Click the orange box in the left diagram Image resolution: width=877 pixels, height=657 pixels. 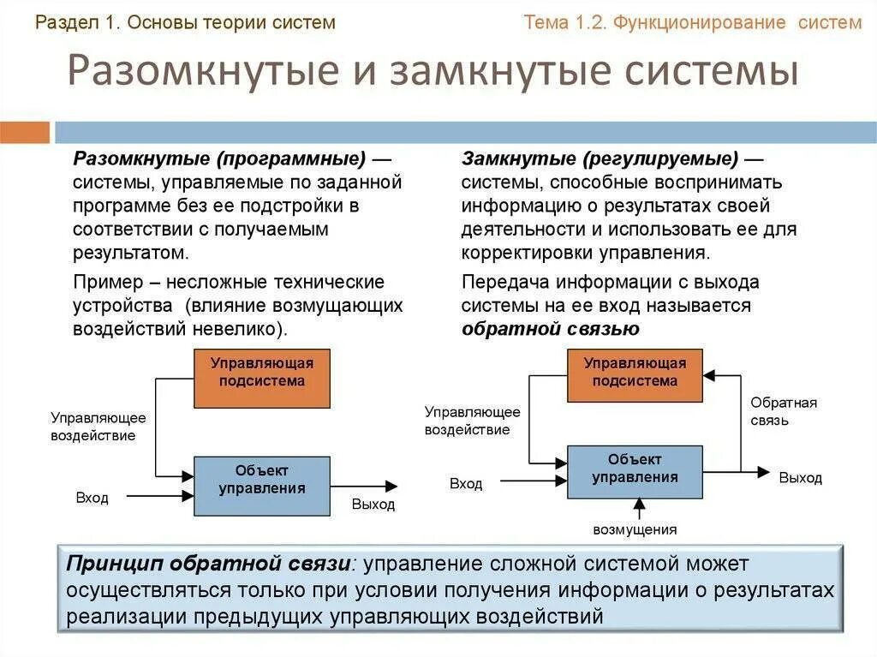point(262,378)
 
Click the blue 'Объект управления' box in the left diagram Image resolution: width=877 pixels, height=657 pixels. point(262,486)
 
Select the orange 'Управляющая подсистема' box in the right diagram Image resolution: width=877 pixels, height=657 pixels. point(635,375)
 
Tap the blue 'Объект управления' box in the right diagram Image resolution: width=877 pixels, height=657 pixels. point(635,471)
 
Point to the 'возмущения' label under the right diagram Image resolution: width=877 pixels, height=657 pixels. point(635,529)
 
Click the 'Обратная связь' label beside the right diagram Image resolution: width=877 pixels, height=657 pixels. point(784,411)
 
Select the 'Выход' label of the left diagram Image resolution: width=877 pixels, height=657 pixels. point(373,505)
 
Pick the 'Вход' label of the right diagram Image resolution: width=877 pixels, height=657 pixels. point(466,484)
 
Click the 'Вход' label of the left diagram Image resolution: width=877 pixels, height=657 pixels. point(92,498)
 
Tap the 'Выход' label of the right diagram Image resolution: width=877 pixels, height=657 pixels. point(800,478)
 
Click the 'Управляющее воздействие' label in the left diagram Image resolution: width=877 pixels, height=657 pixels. point(98,427)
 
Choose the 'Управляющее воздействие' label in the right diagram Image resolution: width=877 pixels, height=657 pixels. point(473,421)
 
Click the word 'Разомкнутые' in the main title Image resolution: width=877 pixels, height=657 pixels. point(201,72)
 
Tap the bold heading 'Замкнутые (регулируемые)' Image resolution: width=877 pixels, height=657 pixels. point(600,159)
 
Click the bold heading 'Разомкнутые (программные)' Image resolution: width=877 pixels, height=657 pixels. point(219,159)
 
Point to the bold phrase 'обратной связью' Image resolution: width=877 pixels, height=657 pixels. point(551,329)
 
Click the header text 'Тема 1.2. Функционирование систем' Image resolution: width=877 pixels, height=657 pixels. point(692,23)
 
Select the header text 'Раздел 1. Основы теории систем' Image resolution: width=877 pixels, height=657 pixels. point(185,23)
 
